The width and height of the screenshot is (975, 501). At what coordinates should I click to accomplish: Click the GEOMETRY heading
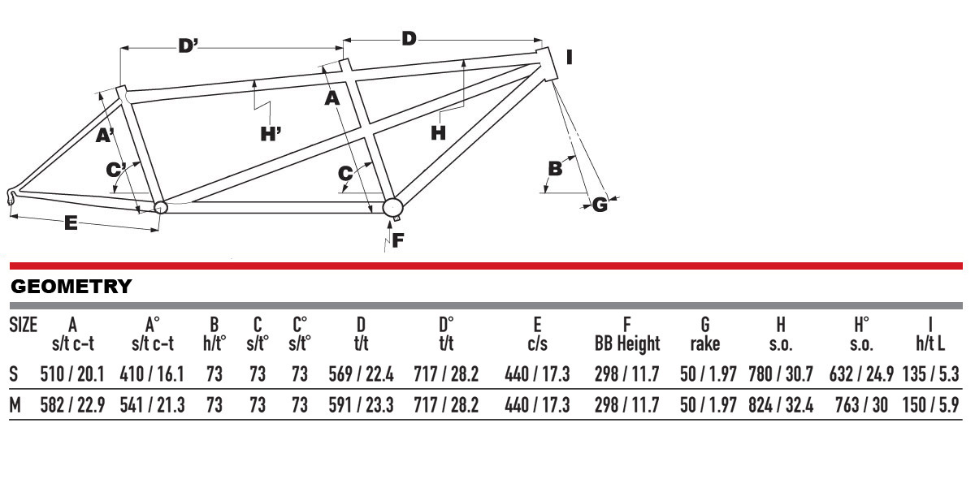(x=71, y=286)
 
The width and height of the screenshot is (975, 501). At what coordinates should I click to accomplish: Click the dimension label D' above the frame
(x=188, y=46)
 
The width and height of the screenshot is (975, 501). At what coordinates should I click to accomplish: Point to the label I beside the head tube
(x=570, y=57)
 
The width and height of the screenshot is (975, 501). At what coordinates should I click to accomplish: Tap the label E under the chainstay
(x=71, y=223)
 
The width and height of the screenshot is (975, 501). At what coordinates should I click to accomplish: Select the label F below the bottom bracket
(x=397, y=240)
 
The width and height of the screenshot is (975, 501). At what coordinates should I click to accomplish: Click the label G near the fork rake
(x=600, y=205)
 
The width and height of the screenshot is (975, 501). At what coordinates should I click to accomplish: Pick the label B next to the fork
(x=556, y=169)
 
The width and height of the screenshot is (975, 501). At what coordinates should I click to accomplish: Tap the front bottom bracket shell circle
(x=393, y=206)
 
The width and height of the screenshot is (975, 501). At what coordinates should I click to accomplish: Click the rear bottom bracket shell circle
(x=160, y=207)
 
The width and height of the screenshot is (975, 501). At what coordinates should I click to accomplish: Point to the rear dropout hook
(x=11, y=196)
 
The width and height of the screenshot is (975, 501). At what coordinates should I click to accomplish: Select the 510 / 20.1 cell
(x=72, y=374)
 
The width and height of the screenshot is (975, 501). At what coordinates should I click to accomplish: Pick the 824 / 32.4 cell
(x=780, y=404)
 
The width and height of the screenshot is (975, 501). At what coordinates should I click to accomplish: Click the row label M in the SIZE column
(x=15, y=404)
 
